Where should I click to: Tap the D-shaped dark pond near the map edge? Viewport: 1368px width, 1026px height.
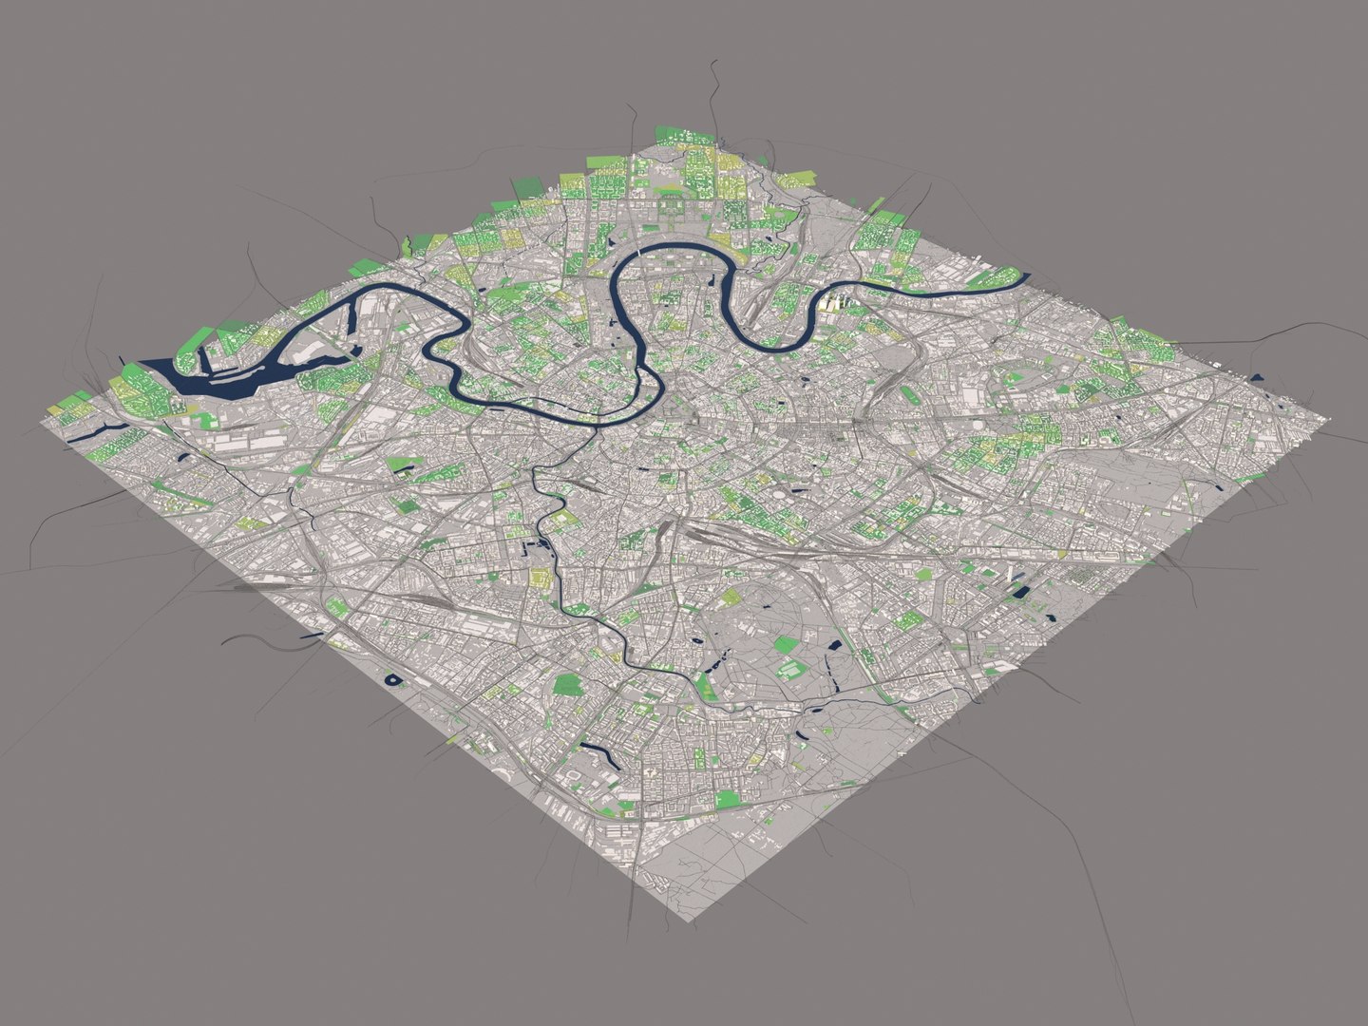391,679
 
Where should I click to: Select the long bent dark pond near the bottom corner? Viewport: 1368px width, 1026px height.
594,754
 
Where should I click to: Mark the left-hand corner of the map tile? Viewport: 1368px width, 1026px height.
47,415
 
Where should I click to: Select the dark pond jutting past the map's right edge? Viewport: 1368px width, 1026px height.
1258,379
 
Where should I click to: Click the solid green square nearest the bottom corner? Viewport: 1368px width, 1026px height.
727,799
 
